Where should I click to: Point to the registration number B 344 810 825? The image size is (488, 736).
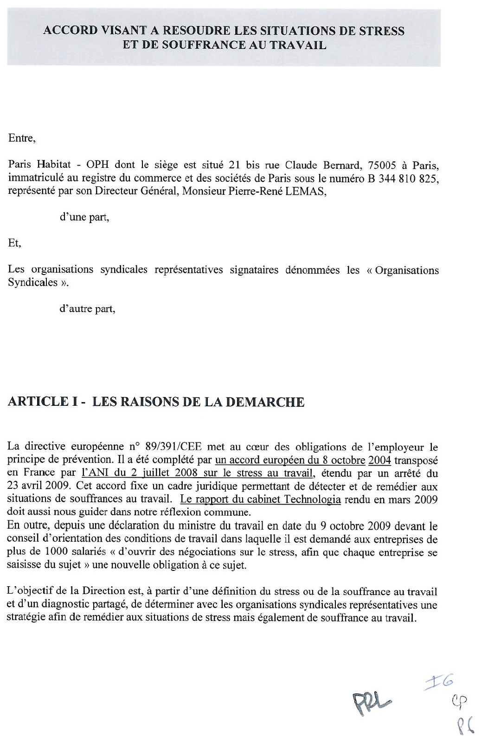[402, 179]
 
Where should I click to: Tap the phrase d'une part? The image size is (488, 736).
[85, 217]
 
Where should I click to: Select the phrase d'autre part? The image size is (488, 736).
[88, 309]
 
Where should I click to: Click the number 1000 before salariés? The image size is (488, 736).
[58, 552]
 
